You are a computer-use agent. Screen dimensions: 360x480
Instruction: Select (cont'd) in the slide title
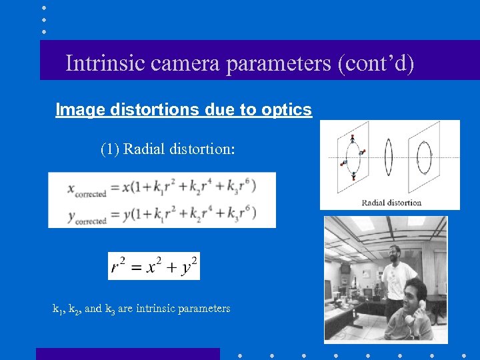(x=376, y=63)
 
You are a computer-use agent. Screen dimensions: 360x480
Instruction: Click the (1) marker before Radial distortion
(x=109, y=149)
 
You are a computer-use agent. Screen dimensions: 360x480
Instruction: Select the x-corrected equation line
(x=161, y=188)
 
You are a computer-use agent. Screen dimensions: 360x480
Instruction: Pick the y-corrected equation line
(x=161, y=213)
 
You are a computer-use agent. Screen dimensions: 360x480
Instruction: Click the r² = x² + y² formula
(x=154, y=267)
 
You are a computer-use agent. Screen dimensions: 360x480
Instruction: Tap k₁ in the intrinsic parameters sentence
(x=57, y=309)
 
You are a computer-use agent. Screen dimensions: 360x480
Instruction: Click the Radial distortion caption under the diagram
(x=391, y=202)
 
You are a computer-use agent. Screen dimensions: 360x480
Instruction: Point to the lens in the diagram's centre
(x=389, y=157)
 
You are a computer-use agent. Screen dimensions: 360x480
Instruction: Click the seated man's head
(x=413, y=291)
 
